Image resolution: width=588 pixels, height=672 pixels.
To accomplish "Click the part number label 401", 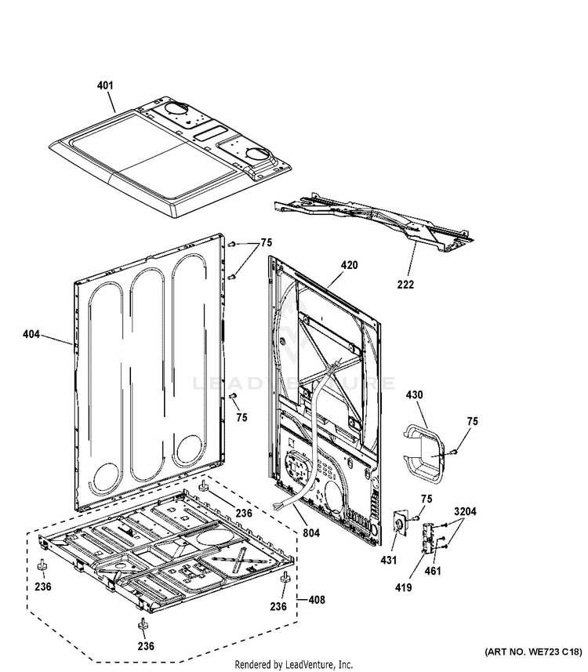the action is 105,85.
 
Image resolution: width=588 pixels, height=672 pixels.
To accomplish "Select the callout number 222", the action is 405,284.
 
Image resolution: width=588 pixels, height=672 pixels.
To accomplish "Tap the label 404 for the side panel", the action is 31,334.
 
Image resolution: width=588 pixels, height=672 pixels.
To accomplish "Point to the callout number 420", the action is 350,265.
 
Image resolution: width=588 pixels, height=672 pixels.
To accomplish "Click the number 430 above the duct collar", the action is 414,394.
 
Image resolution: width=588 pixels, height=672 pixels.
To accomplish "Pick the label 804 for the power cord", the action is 311,532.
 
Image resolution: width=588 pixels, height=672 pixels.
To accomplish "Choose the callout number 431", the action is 388,560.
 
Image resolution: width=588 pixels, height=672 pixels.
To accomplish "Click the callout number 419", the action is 403,587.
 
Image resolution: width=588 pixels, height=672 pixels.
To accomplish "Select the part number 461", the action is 433,571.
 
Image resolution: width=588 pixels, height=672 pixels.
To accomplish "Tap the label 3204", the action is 465,511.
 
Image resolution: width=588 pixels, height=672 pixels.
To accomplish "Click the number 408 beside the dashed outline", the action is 317,600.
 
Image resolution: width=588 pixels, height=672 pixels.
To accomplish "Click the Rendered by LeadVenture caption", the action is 294,664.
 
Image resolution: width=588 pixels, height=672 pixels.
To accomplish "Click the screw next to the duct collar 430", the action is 454,451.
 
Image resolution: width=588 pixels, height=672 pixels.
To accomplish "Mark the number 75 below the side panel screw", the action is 241,417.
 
